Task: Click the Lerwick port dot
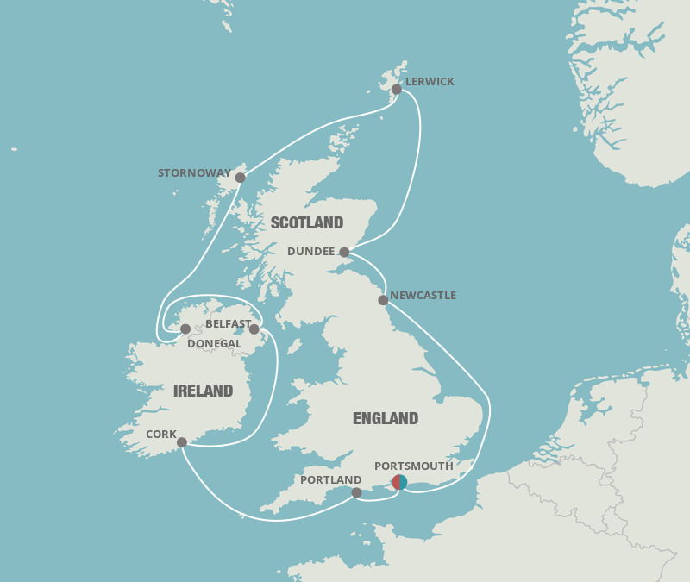coord(397,90)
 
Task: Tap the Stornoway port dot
coord(240,178)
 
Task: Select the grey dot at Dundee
coord(344,253)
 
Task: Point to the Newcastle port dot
coord(383,300)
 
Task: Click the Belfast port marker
coord(254,329)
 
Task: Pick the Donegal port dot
coord(185,329)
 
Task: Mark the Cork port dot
coord(182,442)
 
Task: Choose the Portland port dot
coord(356,492)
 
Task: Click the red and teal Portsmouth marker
coord(399,482)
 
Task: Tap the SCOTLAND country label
coord(307,222)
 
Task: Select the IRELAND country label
coord(203,391)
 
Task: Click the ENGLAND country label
coord(386,418)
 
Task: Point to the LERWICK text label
coord(430,82)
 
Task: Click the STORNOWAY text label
coord(194,173)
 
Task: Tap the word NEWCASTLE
coord(423,296)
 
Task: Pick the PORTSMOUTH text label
coord(414,466)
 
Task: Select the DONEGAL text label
coord(215,343)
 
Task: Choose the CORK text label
coord(161,435)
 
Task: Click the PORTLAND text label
coord(331,480)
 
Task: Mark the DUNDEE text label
coord(311,252)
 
